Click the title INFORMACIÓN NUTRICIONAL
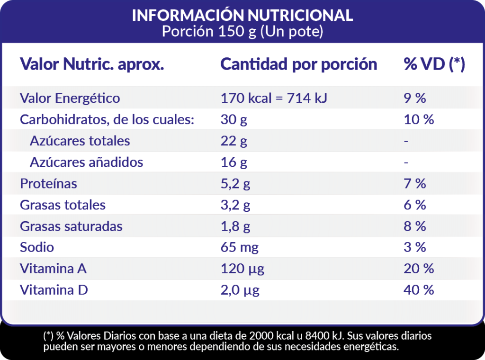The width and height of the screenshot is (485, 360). pyautogui.click(x=242, y=15)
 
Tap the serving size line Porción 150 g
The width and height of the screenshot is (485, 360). pyautogui.click(x=242, y=32)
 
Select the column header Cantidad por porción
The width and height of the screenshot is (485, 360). pyautogui.click(x=299, y=64)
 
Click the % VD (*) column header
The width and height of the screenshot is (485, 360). pyautogui.click(x=434, y=64)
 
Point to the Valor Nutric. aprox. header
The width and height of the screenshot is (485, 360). pyautogui.click(x=92, y=64)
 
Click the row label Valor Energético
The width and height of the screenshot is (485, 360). pyautogui.click(x=70, y=98)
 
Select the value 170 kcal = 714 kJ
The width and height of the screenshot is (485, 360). pyautogui.click(x=274, y=98)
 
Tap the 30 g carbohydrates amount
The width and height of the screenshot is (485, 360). pyautogui.click(x=234, y=119)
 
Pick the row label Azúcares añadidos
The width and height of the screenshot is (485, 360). pyautogui.click(x=86, y=162)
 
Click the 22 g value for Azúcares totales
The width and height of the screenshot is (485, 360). pyautogui.click(x=234, y=141)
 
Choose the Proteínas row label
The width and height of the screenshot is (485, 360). pyautogui.click(x=48, y=183)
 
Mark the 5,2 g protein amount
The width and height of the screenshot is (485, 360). pyautogui.click(x=235, y=183)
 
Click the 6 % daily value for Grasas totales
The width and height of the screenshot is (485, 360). pyautogui.click(x=415, y=205)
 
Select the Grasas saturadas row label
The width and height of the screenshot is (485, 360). pyautogui.click(x=71, y=226)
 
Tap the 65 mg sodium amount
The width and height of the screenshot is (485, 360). pyautogui.click(x=240, y=247)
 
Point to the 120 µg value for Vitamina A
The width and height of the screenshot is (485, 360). pyautogui.click(x=242, y=269)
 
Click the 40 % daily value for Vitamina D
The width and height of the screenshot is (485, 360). pyautogui.click(x=419, y=290)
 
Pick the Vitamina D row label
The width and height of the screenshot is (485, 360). pyautogui.click(x=54, y=290)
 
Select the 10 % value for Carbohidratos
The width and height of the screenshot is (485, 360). pyautogui.click(x=419, y=119)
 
